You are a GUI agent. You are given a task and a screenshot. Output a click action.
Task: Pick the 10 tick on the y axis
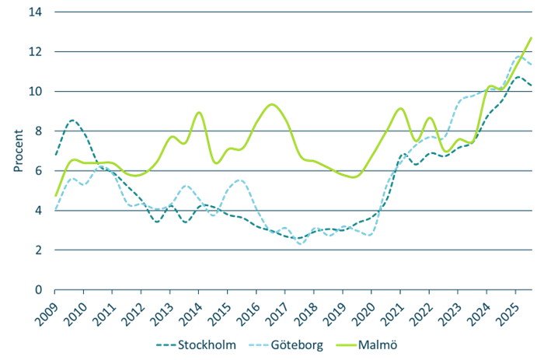(x=37, y=92)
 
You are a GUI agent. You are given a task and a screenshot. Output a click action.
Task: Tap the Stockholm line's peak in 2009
(x=71, y=121)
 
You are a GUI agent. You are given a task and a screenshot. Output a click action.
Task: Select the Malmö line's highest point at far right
(x=531, y=37)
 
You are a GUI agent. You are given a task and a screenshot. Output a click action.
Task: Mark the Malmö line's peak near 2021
(x=399, y=108)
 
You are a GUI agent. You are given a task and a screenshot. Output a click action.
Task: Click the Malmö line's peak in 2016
(x=270, y=103)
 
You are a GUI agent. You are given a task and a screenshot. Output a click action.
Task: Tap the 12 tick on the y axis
(x=37, y=52)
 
